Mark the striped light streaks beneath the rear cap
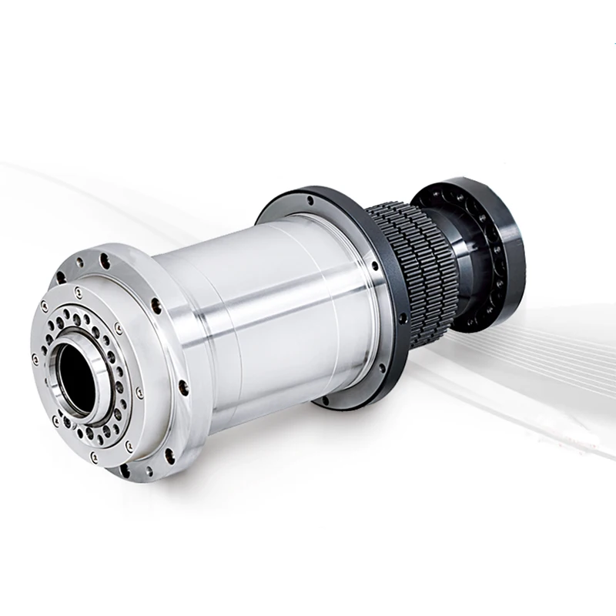pos(539,346)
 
